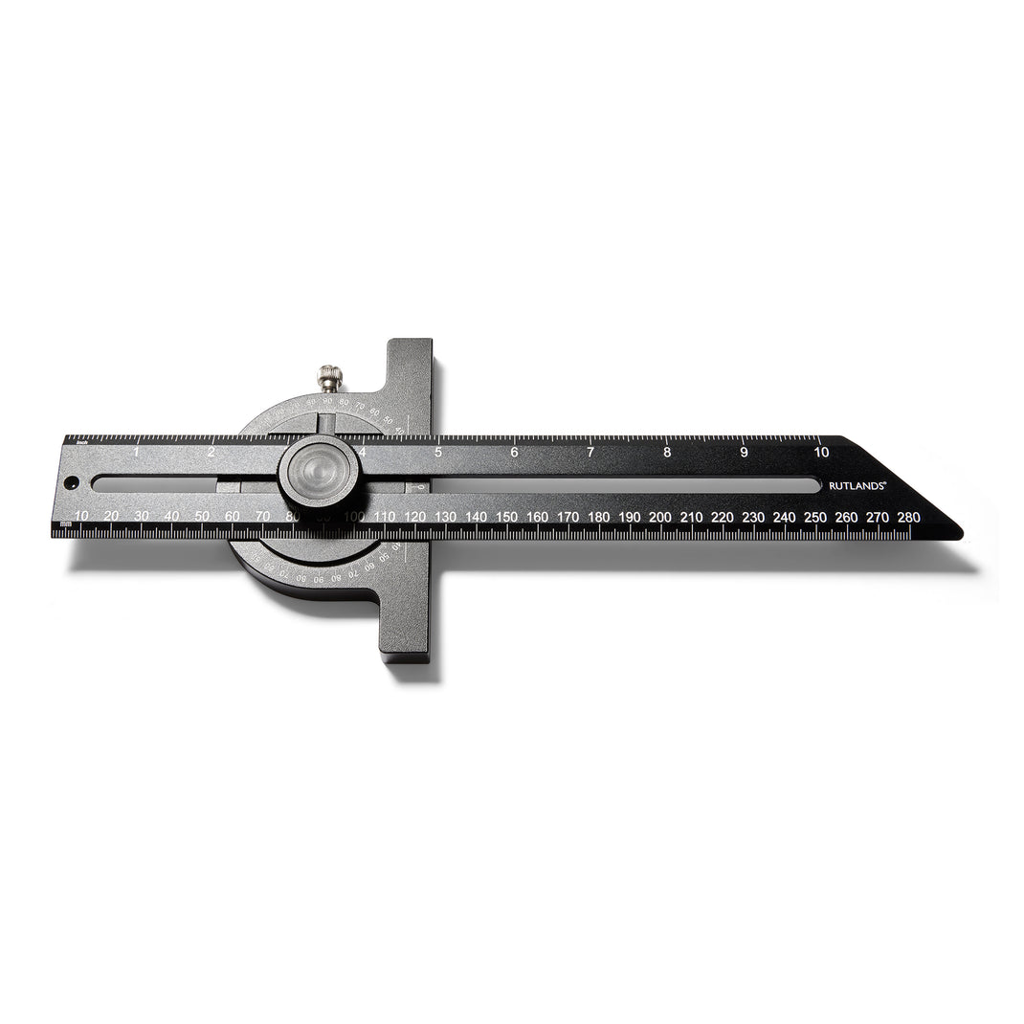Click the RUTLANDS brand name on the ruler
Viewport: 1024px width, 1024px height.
pos(857,485)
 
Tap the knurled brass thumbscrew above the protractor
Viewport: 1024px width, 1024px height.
pos(330,378)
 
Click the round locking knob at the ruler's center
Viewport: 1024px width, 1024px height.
pos(319,472)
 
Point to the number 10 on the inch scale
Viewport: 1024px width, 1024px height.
pos(821,452)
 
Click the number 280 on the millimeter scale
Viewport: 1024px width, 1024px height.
pos(908,517)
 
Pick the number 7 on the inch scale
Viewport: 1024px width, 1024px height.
pos(590,452)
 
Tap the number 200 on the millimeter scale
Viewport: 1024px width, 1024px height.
pos(659,517)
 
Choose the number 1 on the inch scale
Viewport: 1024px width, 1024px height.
pos(136,452)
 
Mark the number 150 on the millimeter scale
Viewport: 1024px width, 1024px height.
pos(506,517)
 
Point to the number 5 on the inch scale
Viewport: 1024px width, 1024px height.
pos(438,452)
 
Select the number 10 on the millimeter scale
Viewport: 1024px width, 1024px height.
pos(81,517)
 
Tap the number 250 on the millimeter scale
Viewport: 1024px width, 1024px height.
pos(814,517)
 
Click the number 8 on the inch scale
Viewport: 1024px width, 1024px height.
pos(667,452)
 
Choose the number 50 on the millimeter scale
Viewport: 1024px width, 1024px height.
pos(202,517)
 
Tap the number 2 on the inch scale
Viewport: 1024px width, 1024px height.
pos(211,452)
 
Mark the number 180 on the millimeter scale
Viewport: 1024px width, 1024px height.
pos(598,517)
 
